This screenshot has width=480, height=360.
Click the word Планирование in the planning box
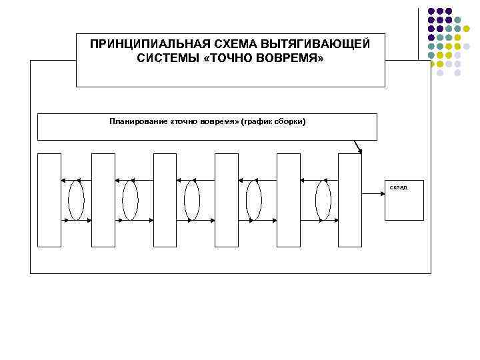pyautogui.click(x=139, y=122)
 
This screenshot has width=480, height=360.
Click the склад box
pyautogui.click(x=404, y=199)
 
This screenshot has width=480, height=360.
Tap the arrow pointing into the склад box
pyautogui.click(x=373, y=193)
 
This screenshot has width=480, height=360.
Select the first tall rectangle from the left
pyautogui.click(x=49, y=200)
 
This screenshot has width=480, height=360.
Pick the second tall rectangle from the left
pyautogui.click(x=103, y=200)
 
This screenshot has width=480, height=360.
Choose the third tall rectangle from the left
pyautogui.click(x=165, y=200)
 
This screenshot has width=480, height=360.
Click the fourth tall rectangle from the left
pyautogui.click(x=227, y=200)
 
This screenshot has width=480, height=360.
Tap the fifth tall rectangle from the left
pyautogui.click(x=288, y=200)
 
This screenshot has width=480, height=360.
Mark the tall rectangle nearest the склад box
pyautogui.click(x=350, y=200)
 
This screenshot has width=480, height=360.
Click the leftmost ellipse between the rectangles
pyautogui.click(x=76, y=200)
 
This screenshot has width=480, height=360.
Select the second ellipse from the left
pyautogui.click(x=131, y=200)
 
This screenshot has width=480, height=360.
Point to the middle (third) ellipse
pyautogui.click(x=192, y=200)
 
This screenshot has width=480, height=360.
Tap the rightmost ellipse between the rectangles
pyautogui.click(x=323, y=200)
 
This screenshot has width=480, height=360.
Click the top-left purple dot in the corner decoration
pyautogui.click(x=432, y=12)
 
